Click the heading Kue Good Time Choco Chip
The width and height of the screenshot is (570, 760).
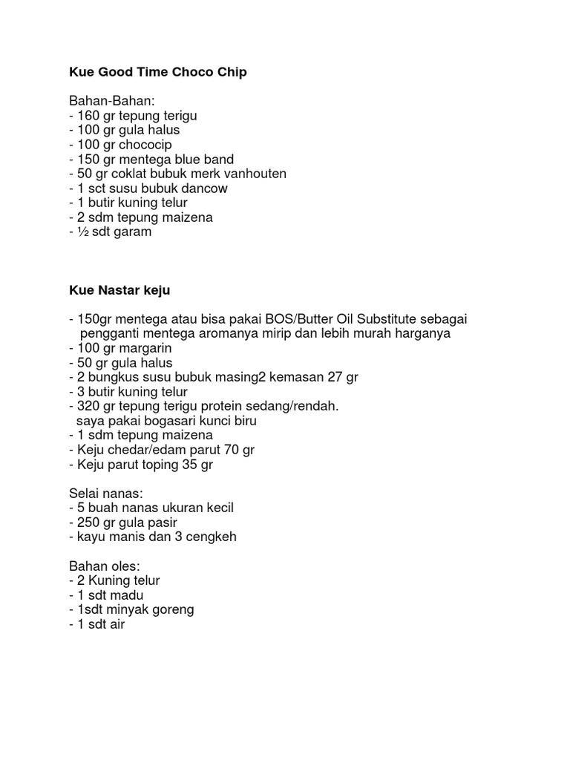tap(157, 72)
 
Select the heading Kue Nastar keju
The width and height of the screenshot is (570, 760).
tap(119, 290)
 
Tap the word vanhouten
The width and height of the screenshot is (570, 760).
tap(256, 174)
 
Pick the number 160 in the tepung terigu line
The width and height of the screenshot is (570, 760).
tap(88, 116)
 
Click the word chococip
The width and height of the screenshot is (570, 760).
tap(146, 145)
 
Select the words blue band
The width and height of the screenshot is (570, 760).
tap(206, 160)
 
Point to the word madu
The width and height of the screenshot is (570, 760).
tap(128, 595)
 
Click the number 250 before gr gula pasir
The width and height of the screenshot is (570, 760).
tap(88, 522)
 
